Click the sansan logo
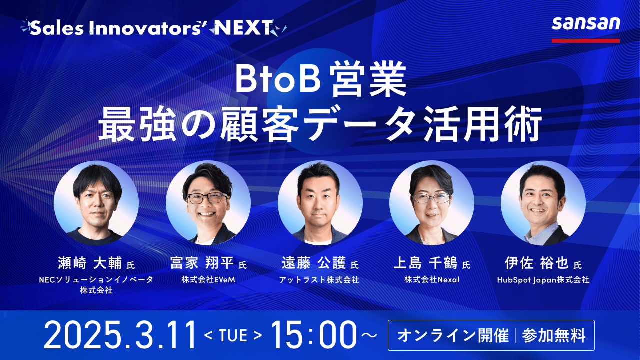pyautogui.click(x=586, y=24)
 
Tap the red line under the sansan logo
pyautogui.click(x=586, y=41)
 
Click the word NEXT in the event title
pyautogui.click(x=243, y=27)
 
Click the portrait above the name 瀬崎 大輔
pyautogui.click(x=96, y=203)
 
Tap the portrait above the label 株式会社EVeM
pyautogui.click(x=208, y=203)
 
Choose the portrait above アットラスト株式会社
pyautogui.click(x=320, y=203)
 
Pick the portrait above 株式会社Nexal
pyautogui.click(x=431, y=203)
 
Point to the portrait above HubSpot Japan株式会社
pyautogui.click(x=543, y=203)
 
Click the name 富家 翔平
pyautogui.click(x=202, y=263)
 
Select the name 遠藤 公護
pyautogui.click(x=314, y=263)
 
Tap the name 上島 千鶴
pyautogui.click(x=425, y=263)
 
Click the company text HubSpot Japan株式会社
pyautogui.click(x=543, y=280)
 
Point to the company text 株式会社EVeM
pyautogui.click(x=208, y=279)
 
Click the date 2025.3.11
pyautogui.click(x=120, y=335)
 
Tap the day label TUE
pyautogui.click(x=233, y=335)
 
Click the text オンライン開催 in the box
pyautogui.click(x=453, y=335)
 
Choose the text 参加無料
pyautogui.click(x=554, y=335)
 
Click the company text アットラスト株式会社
pyautogui.click(x=319, y=280)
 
